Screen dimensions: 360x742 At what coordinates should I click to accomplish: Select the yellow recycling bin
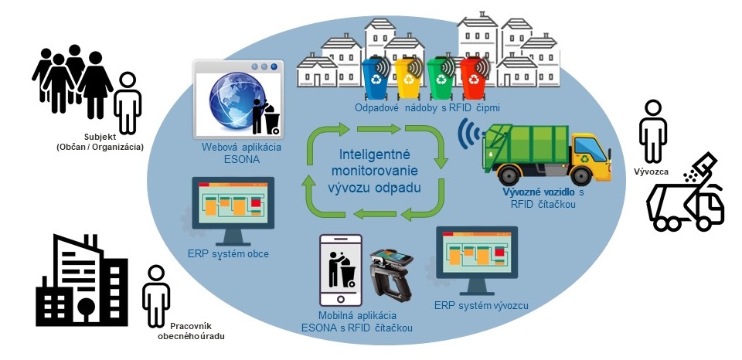(x=408, y=79)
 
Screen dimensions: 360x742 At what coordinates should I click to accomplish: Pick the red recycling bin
(x=471, y=79)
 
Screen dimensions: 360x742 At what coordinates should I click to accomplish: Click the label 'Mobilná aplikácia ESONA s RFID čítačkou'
(x=357, y=323)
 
